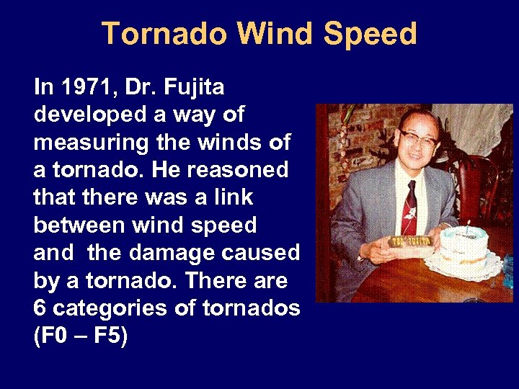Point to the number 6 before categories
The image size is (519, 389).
point(40,308)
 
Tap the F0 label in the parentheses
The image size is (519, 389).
point(53,336)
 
